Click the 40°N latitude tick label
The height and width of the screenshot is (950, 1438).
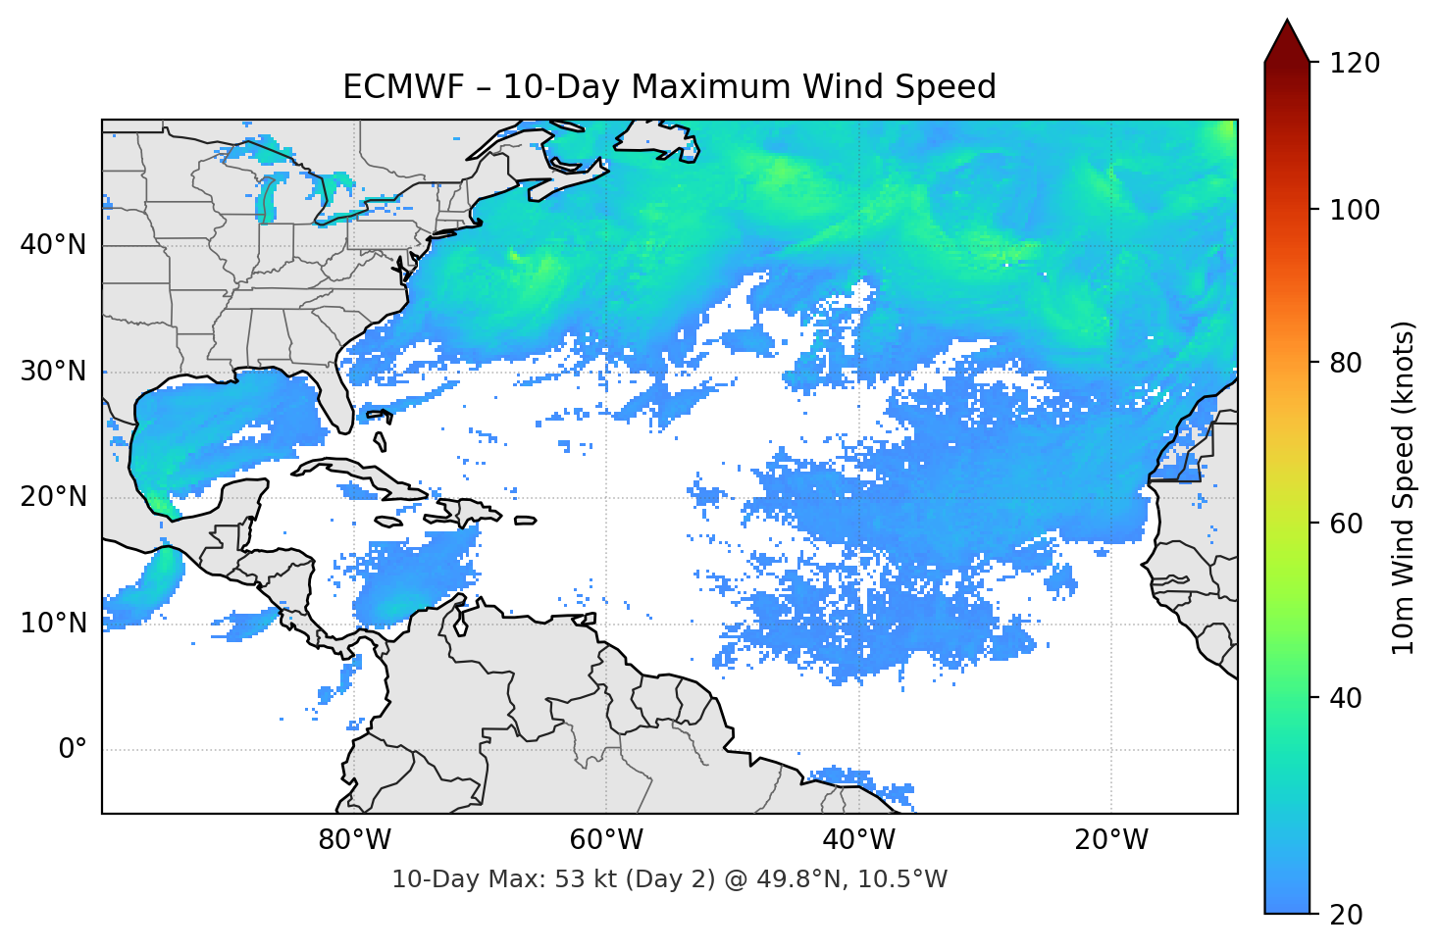tap(53, 245)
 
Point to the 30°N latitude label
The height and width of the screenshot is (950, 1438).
tap(53, 372)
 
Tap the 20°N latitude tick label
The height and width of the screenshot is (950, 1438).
tap(53, 497)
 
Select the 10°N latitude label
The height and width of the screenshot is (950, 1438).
tap(53, 624)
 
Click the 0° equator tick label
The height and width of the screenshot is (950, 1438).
tap(72, 750)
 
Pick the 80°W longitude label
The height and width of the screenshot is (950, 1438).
tap(354, 840)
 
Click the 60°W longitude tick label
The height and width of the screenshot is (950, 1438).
tap(606, 840)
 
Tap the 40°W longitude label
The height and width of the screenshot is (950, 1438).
tap(858, 840)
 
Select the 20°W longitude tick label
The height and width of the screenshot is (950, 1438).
tap(1110, 840)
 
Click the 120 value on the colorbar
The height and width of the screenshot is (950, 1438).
tap(1355, 64)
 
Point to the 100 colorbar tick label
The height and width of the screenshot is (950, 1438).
tap(1355, 210)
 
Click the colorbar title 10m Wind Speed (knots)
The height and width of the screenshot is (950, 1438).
tap(1403, 487)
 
